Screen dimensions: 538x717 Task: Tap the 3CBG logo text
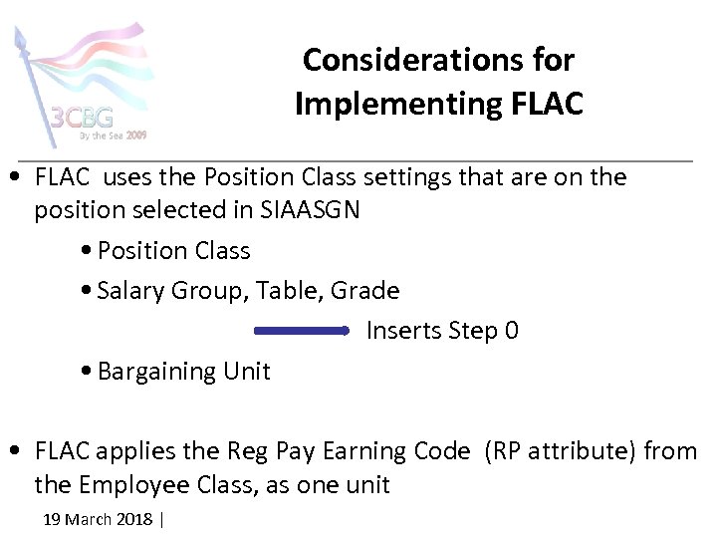tap(83, 118)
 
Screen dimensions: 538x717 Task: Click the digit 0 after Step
tap(512, 330)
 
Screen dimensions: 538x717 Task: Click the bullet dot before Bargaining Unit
tap(89, 372)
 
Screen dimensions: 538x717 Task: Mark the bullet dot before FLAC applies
tap(18, 451)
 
